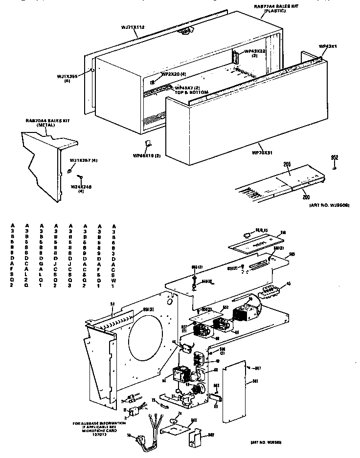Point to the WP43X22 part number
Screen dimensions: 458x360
coord(254,51)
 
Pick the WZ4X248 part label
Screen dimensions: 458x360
coord(81,186)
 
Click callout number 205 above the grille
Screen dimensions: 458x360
coord(287,165)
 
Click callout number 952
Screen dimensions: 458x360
coord(335,157)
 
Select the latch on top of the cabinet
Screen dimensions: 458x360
coord(184,31)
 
